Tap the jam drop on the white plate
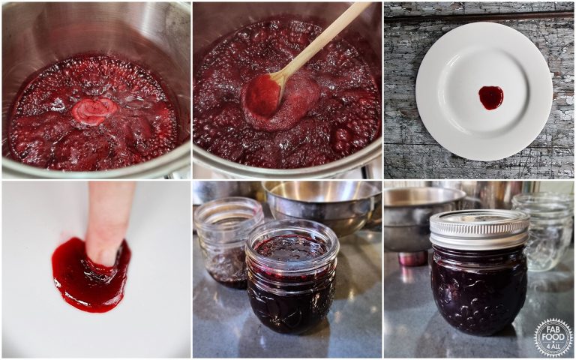tap(491, 97)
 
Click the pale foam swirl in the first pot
tap(94, 110)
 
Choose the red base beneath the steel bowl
tap(412, 258)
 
